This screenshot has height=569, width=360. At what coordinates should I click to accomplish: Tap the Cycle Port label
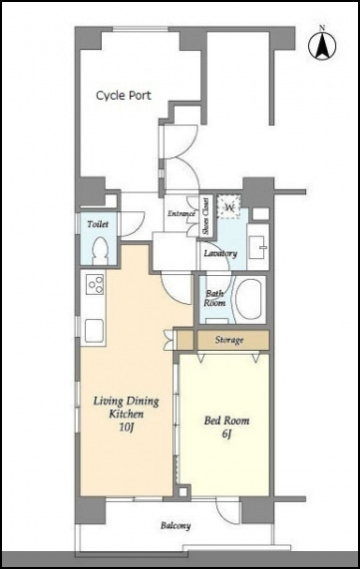[124, 96]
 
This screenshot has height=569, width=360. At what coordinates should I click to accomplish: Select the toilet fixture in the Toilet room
[100, 250]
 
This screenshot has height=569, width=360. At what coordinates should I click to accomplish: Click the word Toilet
[98, 224]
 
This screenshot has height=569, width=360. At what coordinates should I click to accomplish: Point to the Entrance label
[181, 213]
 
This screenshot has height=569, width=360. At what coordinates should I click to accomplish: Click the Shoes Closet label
[206, 216]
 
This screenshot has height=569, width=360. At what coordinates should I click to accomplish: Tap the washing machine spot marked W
[228, 207]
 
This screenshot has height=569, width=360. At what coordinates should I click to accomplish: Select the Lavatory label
[220, 253]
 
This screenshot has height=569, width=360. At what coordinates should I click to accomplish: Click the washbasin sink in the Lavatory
[258, 247]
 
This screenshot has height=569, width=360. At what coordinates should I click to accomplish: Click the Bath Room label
[214, 298]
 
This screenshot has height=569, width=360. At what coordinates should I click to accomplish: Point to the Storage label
[228, 340]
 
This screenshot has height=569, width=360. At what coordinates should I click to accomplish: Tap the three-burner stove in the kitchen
[95, 284]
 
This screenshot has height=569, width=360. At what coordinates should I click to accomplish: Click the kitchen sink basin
[94, 330]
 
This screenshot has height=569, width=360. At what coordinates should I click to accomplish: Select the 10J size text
[126, 427]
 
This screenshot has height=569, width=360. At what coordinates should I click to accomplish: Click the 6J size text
[226, 433]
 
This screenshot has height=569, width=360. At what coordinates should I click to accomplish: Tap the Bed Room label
[226, 421]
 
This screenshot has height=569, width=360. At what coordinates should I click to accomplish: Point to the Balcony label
[176, 525]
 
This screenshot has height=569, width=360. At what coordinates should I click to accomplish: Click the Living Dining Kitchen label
[126, 408]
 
